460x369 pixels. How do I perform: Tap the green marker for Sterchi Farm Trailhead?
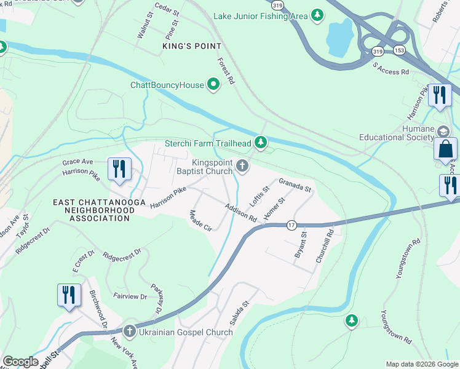click(x=261, y=143)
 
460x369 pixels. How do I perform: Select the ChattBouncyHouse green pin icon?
click(x=213, y=85)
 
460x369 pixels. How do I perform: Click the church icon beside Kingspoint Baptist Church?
click(x=243, y=165)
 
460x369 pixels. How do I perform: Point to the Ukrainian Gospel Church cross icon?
click(x=130, y=332)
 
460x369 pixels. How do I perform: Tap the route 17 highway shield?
click(x=291, y=226)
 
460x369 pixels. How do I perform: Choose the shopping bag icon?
click(x=445, y=149)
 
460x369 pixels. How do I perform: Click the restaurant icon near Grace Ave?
click(x=119, y=170)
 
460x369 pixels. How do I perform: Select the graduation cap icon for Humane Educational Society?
click(x=443, y=132)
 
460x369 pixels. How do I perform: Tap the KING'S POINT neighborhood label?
click(x=187, y=46)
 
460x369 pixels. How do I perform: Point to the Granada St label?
click(x=295, y=184)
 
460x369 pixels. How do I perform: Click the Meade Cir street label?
click(x=200, y=221)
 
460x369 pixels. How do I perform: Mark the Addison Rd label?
click(x=240, y=212)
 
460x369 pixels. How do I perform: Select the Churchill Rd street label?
click(x=325, y=247)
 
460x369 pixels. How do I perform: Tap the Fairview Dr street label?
click(x=130, y=296)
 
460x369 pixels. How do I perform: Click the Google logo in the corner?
click(x=20, y=362)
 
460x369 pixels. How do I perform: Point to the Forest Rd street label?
click(x=226, y=71)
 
